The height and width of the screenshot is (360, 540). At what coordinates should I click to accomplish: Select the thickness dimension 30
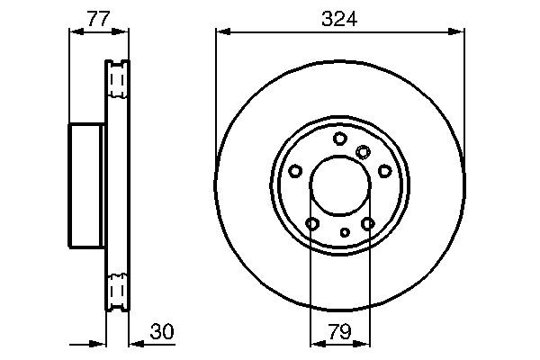(162, 332)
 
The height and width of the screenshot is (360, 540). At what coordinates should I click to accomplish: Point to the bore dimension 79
(340, 332)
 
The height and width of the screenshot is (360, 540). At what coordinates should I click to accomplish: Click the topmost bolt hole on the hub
(339, 138)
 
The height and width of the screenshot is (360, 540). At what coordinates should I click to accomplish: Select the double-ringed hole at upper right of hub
(363, 151)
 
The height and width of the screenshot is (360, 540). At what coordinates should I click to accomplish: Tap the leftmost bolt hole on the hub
(295, 171)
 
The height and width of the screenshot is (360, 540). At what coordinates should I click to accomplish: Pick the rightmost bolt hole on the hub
(384, 171)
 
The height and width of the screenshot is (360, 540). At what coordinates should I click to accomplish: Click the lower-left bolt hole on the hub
(312, 223)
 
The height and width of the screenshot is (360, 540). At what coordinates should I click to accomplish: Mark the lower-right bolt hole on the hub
(367, 223)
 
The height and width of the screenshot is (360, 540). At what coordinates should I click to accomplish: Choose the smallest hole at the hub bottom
(345, 232)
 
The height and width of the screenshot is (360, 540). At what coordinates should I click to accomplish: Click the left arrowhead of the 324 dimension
(221, 31)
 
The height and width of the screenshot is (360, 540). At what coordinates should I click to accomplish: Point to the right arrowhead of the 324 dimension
(460, 31)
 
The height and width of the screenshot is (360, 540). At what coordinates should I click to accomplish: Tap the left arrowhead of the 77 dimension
(76, 31)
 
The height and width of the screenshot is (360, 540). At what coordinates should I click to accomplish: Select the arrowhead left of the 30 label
(135, 343)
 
